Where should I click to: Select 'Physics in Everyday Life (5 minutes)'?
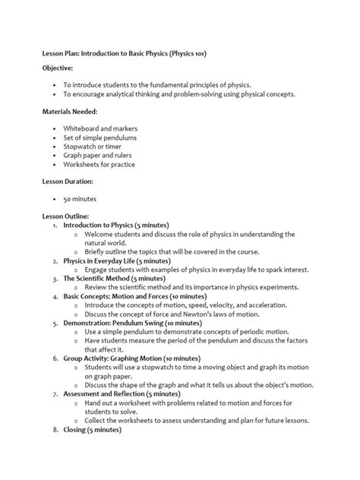(116, 261)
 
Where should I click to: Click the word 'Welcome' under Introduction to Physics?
(101, 234)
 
